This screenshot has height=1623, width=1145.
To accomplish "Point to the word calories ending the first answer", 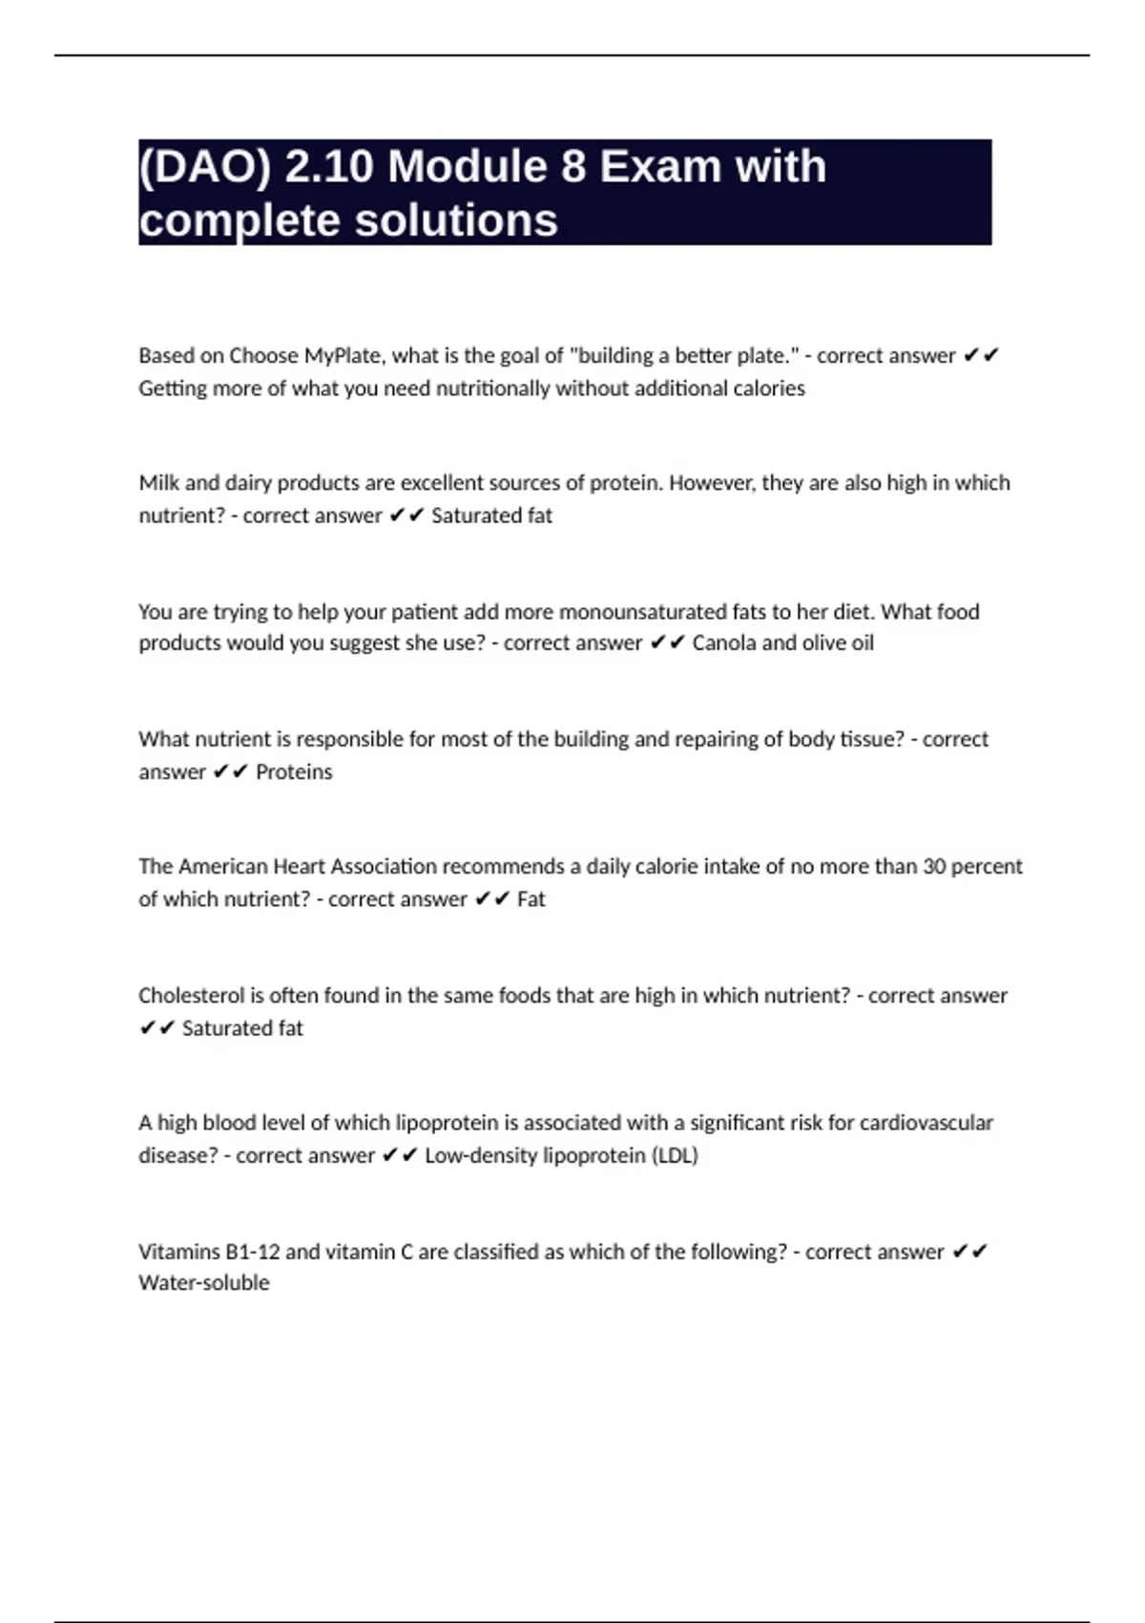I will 769,389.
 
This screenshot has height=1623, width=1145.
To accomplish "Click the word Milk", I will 159,483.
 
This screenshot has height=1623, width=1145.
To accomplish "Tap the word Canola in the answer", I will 724,643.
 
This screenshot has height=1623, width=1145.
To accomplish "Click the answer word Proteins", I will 294,771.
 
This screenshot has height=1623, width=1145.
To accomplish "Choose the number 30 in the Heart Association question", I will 935,867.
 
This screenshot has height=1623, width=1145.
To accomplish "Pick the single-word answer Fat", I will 531,899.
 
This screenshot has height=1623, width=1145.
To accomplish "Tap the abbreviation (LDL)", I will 675,1156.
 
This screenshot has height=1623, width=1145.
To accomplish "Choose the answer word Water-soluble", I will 204,1283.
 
